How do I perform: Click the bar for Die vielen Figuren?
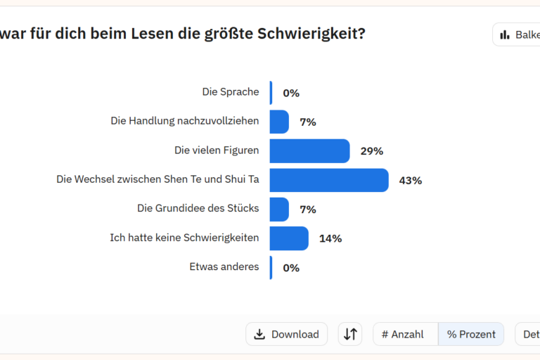[309, 151]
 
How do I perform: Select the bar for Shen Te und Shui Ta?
[329, 180]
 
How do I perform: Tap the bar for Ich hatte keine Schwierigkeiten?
[289, 238]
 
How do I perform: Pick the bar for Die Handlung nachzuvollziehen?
[279, 122]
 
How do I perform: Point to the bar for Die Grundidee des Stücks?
[279, 210]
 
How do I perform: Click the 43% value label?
[410, 181]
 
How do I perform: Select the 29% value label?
[371, 151]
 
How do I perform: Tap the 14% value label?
[330, 238]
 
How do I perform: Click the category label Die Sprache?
[230, 91]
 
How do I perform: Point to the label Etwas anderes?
[224, 266]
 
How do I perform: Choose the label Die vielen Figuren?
[217, 150]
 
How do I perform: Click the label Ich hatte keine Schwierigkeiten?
[184, 238]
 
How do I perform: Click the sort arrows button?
[350, 334]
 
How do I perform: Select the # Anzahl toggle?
[403, 335]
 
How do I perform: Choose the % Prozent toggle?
[471, 335]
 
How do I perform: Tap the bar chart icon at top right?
[504, 34]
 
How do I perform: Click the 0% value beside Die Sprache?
[291, 93]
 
